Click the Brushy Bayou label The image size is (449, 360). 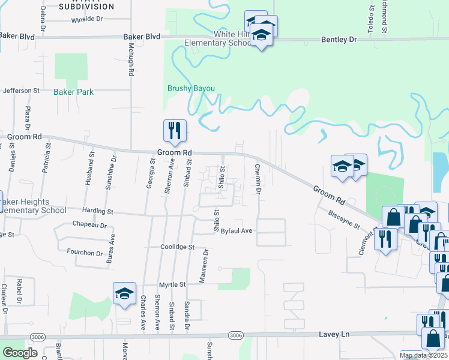click(190, 88)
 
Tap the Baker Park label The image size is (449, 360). click(73, 92)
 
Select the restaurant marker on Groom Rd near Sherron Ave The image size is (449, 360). click(175, 131)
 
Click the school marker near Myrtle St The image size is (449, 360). click(124, 294)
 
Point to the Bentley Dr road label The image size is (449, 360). click(339, 39)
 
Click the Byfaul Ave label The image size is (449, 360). click(237, 230)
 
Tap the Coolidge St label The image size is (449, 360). click(178, 247)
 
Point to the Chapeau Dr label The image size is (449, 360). click(89, 226)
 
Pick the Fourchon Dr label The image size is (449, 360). click(85, 253)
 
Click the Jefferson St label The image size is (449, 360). click(21, 91)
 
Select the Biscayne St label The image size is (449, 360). click(343, 219)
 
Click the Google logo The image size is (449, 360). click(20, 353)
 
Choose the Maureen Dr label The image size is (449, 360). click(206, 262)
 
